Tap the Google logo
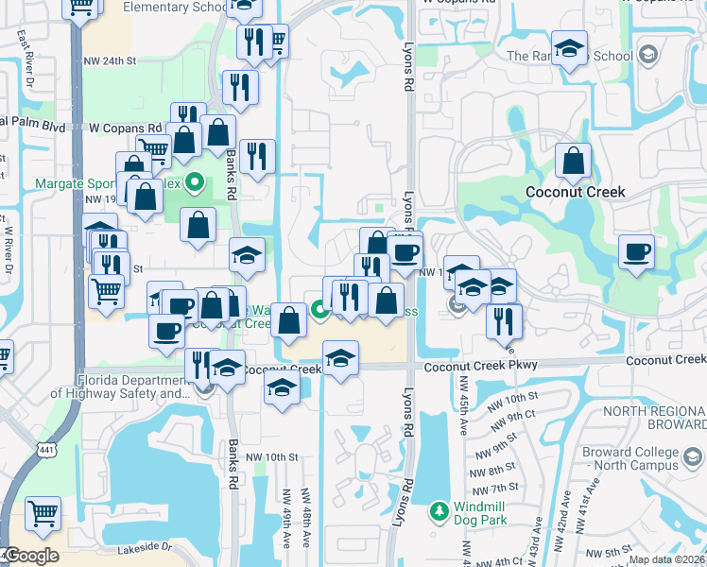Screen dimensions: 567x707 coord(31,555)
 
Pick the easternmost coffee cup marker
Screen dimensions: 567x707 coord(636,252)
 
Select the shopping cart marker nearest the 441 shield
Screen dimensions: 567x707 coord(43,514)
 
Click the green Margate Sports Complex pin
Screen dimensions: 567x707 coord(196,182)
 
